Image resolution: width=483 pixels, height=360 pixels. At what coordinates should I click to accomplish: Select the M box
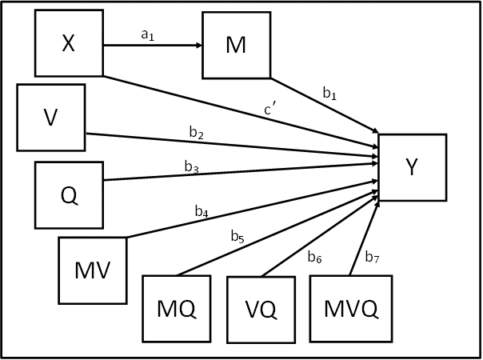[x=236, y=45]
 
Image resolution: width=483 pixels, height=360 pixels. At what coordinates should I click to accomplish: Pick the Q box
[x=70, y=195]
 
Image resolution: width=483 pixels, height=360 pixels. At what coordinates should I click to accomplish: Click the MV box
[x=93, y=270]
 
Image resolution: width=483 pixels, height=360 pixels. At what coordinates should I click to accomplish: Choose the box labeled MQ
[x=176, y=309]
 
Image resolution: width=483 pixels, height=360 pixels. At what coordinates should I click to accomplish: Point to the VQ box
[x=261, y=309]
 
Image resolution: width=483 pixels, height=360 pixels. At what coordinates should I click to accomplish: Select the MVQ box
[x=352, y=309]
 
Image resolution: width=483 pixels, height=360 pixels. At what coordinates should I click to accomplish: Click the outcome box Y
[x=412, y=167]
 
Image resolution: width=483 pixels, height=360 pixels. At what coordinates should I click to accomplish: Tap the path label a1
[x=146, y=34]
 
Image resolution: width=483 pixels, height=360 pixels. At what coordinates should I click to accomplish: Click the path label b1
[x=329, y=94]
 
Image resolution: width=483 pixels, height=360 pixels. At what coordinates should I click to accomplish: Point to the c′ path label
[x=271, y=110]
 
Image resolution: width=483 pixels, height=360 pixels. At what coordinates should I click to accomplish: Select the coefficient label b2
[x=195, y=134]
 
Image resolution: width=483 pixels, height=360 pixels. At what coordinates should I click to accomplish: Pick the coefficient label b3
[x=191, y=166]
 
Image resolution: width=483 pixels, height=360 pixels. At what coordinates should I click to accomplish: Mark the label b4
[x=202, y=212]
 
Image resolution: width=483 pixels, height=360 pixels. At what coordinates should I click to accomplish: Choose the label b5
[x=238, y=236]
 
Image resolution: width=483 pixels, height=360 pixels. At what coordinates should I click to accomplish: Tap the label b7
[x=372, y=257]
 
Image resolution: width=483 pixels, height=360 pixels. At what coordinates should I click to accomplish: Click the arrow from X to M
[x=153, y=45]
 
